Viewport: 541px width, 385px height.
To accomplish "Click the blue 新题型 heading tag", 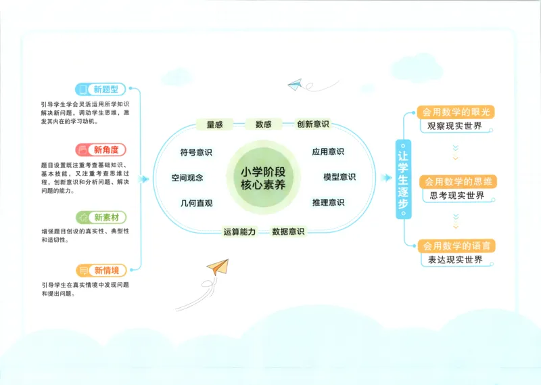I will (x=101, y=89).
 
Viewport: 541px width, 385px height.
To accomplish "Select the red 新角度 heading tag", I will (x=101, y=150).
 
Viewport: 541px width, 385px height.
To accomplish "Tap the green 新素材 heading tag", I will (x=101, y=217).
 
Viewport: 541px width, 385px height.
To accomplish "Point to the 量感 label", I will (x=214, y=124).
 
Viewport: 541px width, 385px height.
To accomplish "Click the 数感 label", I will (x=263, y=124).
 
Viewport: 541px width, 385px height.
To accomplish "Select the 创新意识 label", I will (x=313, y=124).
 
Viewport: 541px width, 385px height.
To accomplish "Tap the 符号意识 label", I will (x=196, y=152).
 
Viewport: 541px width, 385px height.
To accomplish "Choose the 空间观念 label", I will (x=187, y=177).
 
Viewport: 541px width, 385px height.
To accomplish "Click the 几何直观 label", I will (x=196, y=203).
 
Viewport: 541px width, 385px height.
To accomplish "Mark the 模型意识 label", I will (x=339, y=177).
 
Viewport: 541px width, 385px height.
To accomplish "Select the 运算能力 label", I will (x=239, y=232).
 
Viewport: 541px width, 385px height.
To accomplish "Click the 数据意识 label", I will (x=288, y=232).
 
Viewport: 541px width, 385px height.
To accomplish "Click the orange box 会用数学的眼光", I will (x=457, y=112).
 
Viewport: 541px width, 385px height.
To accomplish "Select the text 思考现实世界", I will (x=457, y=196).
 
